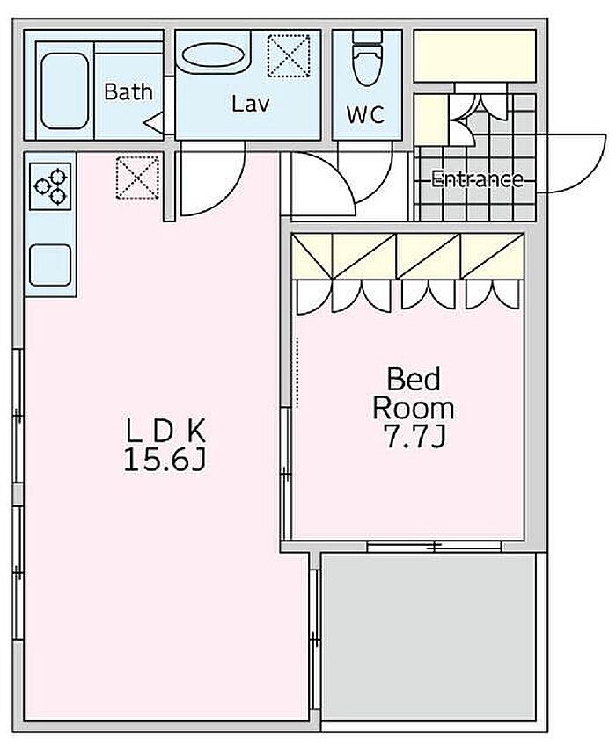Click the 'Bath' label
tap(128, 91)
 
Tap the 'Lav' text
tap(251, 103)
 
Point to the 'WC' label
tap(365, 114)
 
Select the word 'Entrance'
tap(477, 179)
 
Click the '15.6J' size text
tap(165, 461)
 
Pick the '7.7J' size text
tap(414, 437)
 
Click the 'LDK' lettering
tap(165, 431)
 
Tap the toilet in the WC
tap(367, 58)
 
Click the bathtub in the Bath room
tap(64, 91)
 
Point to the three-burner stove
tap(50, 186)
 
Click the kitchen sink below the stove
tap(50, 265)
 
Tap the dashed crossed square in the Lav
tap(289, 55)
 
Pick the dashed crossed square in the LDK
tap(137, 178)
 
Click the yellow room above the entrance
tap(474, 55)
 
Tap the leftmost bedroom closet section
tap(312, 256)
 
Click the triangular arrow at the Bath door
tap(153, 122)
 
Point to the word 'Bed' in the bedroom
tap(414, 379)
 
